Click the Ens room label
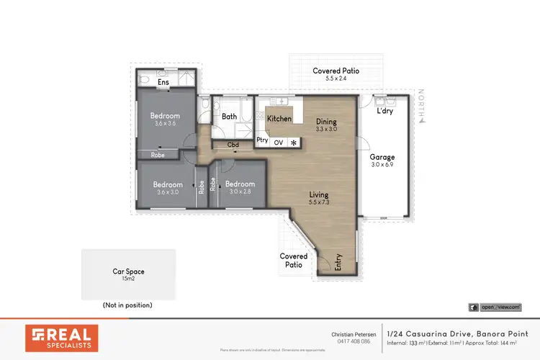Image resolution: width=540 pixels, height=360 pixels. coord(163,82)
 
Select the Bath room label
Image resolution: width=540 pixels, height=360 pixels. coord(229,116)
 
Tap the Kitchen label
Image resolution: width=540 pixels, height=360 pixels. coord(279,118)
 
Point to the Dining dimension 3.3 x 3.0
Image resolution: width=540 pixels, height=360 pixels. coord(326,130)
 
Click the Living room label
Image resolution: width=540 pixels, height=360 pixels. coord(318,194)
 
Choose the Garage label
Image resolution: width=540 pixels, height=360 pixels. coord(382,157)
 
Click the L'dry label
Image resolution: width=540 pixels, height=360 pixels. coord(384,112)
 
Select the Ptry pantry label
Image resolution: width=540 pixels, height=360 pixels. coord(263,140)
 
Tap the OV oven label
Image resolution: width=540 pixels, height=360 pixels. coord(279,142)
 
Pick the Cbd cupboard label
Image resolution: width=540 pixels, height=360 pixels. coord(233,145)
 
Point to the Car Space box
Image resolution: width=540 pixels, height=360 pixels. coord(128,274)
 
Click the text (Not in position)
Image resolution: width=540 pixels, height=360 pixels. coord(128,305)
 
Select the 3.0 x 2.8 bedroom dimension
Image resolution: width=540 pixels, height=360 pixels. coord(239,192)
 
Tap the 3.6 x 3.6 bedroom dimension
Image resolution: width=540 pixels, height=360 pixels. coord(165,124)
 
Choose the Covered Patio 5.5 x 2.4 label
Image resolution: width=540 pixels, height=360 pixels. coord(336,75)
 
